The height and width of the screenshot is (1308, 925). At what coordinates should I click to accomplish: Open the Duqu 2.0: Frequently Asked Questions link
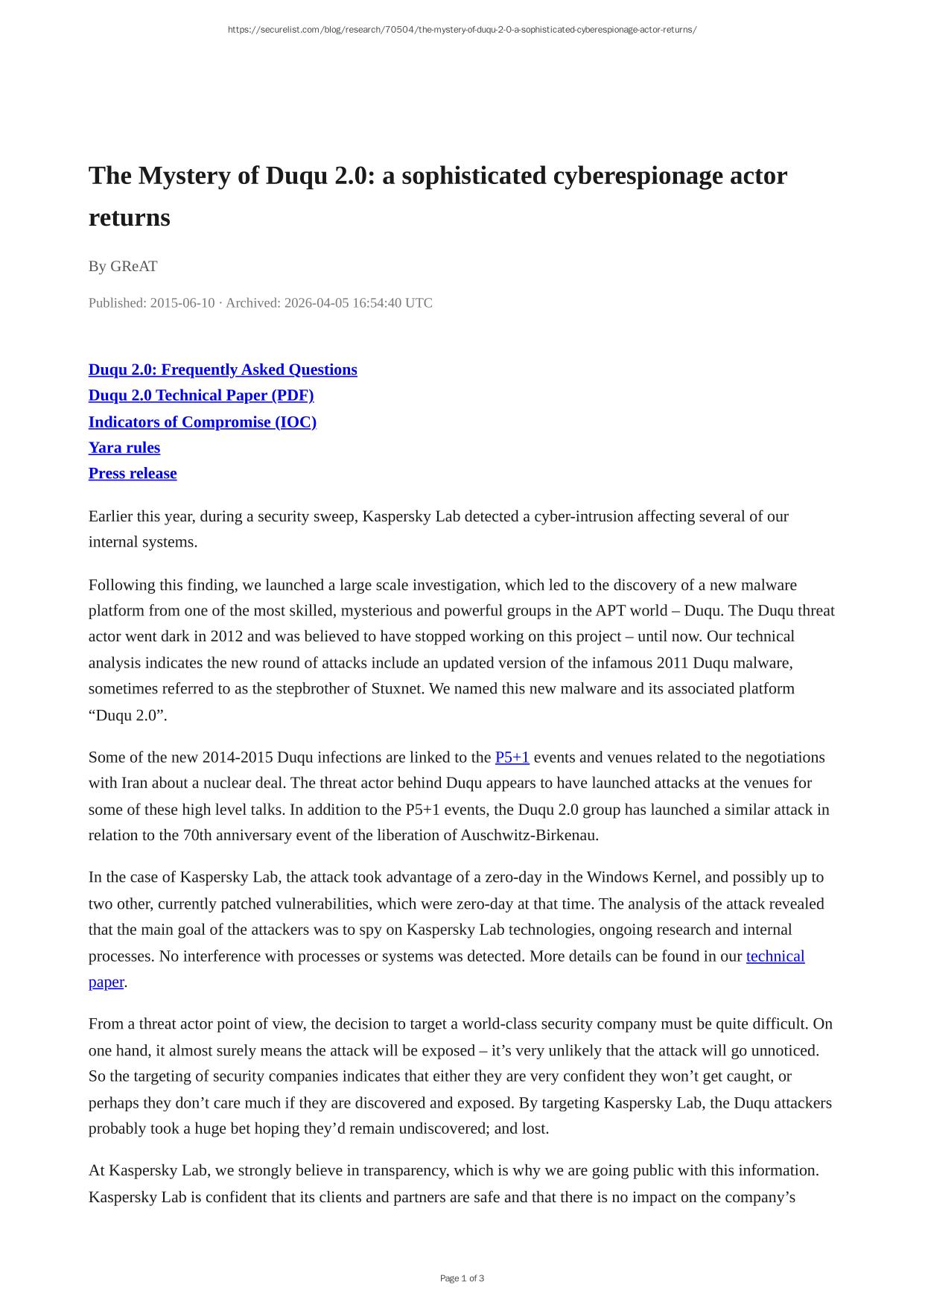[223, 369]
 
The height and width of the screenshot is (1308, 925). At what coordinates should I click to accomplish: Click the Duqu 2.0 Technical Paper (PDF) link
[201, 396]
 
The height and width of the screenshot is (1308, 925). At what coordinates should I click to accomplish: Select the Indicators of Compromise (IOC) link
[203, 422]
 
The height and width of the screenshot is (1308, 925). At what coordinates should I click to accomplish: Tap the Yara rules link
[124, 448]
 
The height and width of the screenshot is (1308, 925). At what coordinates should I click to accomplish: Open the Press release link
[133, 474]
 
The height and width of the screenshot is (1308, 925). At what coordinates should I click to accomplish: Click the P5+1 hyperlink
[512, 758]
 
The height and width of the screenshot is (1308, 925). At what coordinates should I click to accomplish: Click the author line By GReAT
[123, 266]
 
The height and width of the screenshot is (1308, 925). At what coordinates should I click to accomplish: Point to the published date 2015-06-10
[182, 303]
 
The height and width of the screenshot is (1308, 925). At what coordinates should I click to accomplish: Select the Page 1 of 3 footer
[462, 1278]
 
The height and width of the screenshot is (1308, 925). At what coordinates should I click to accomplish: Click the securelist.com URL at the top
[462, 30]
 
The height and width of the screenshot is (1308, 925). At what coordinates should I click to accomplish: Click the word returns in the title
[130, 218]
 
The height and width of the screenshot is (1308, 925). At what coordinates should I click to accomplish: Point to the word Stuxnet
[398, 689]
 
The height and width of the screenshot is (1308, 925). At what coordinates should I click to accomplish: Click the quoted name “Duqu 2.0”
[125, 715]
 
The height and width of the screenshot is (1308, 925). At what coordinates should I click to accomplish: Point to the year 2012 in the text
[226, 637]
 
